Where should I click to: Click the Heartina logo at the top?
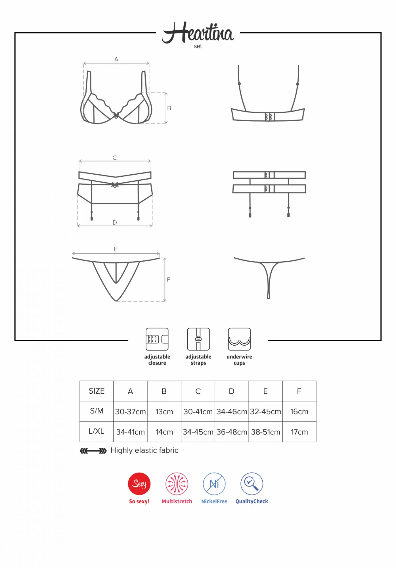tap(198, 34)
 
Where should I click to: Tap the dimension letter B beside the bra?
tap(169, 108)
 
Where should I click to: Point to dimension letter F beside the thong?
tap(169, 280)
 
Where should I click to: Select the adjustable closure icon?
tap(157, 339)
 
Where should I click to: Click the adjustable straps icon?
tap(198, 339)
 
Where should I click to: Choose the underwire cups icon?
tap(239, 339)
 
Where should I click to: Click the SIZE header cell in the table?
tap(97, 391)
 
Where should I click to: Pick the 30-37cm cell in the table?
tap(130, 412)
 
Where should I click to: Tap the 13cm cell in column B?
tap(164, 412)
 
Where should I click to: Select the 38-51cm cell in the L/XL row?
tap(265, 432)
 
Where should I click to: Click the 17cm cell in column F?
tap(299, 432)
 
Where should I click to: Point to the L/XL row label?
tap(97, 431)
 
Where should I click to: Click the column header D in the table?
tap(232, 391)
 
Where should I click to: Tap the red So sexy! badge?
tap(139, 484)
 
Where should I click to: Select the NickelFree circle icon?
tap(214, 484)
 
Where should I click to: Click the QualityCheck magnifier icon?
tap(252, 484)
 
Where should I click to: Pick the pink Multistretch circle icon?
tap(177, 484)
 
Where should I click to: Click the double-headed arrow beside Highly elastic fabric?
tap(93, 451)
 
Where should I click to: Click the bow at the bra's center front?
tap(116, 115)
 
